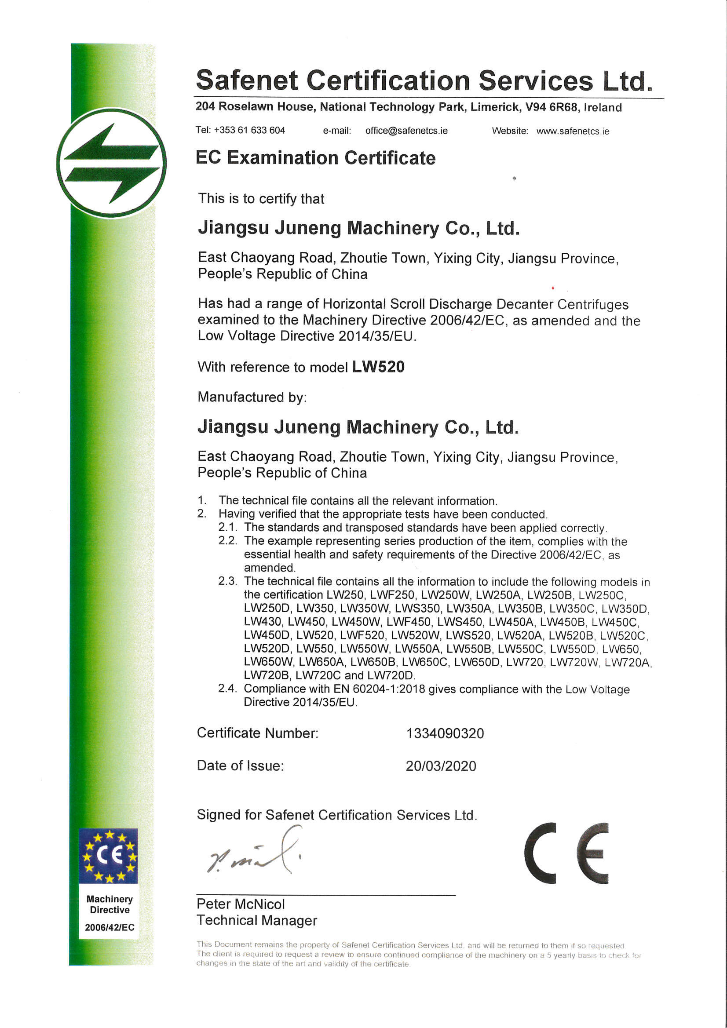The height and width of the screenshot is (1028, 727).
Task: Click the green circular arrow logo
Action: click(111, 163)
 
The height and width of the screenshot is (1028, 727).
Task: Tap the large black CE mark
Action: click(566, 853)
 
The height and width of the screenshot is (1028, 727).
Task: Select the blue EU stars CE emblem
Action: click(108, 856)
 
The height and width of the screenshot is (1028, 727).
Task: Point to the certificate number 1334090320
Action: click(445, 733)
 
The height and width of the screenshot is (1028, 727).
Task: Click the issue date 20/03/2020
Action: click(441, 766)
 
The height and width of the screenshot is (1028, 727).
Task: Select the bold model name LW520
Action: click(378, 367)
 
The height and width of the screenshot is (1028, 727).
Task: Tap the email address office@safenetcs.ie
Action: click(406, 131)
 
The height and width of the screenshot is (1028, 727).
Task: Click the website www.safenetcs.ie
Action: click(573, 131)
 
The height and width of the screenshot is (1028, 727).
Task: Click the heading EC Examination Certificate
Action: click(315, 158)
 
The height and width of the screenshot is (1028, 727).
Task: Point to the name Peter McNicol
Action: click(241, 904)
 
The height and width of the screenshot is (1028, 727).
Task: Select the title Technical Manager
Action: click(257, 920)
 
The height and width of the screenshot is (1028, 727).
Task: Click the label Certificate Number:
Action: click(258, 733)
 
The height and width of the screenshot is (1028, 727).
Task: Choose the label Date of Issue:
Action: click(241, 766)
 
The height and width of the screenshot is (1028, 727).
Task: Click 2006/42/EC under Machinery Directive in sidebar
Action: click(110, 927)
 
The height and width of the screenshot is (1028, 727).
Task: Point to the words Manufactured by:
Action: click(252, 397)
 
